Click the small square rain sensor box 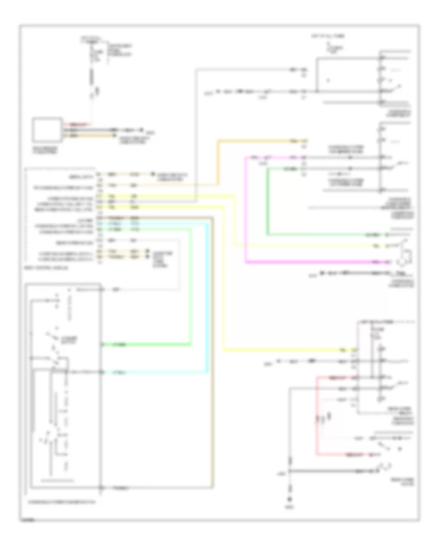[48, 130]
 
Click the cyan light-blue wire [207, 298]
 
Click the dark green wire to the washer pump [268, 199]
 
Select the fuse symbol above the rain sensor [92, 57]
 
